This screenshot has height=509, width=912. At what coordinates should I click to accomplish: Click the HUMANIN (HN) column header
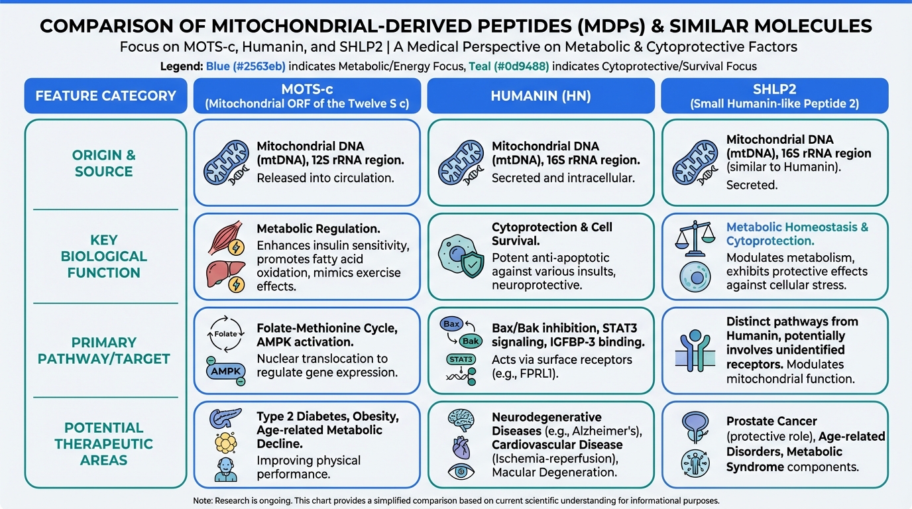540,95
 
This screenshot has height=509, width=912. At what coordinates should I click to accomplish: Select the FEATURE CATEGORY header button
106,95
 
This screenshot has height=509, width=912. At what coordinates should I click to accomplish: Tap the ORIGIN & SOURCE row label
104,163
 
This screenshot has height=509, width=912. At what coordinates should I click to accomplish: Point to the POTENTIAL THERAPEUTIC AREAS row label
104,444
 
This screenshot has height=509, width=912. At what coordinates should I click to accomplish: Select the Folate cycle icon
226,333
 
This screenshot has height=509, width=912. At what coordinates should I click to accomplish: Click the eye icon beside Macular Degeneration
461,472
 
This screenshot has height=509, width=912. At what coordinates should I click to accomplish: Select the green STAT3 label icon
460,359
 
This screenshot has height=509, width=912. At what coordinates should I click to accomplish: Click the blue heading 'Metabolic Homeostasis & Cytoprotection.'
797,234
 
